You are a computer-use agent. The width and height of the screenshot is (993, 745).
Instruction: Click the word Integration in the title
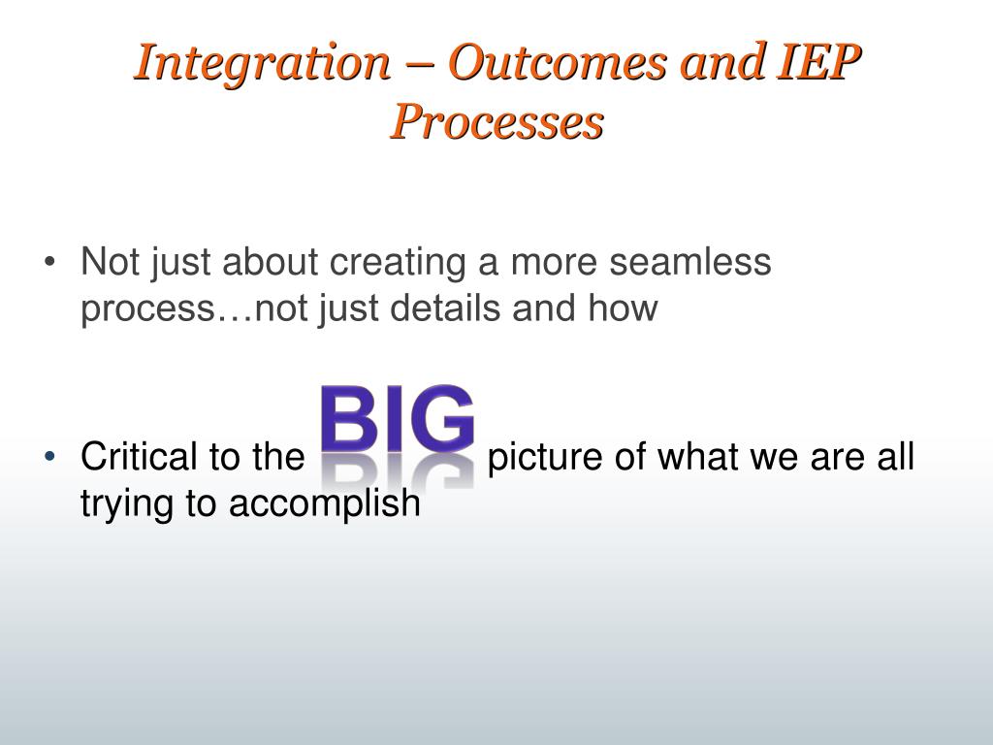coord(262,63)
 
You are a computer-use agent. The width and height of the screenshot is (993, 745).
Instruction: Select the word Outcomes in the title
coord(558,62)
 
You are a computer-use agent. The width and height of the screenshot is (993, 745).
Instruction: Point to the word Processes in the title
coord(496,121)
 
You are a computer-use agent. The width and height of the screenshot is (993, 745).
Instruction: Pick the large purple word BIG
coord(398,418)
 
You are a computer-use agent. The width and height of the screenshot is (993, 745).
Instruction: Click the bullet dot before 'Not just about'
coord(50,262)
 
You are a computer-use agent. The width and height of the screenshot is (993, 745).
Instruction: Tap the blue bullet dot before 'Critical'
coord(50,456)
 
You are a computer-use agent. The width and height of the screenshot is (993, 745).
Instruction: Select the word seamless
coord(690,261)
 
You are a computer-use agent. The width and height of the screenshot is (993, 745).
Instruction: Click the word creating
coord(398,262)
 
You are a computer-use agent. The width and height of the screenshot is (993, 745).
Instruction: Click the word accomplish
coord(324,504)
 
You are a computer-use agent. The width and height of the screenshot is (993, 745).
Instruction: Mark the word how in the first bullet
coord(624,308)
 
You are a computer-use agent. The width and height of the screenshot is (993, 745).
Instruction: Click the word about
coord(270,261)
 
